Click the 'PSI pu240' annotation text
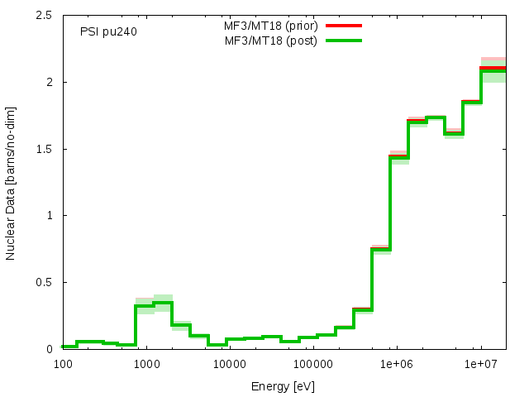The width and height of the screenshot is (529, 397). pyautogui.click(x=108, y=32)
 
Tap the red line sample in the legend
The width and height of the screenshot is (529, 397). pyautogui.click(x=344, y=26)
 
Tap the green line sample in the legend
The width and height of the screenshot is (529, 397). pyautogui.click(x=344, y=41)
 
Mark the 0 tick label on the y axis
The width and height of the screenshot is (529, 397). pyautogui.click(x=50, y=349)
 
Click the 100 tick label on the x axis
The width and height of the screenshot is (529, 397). pyautogui.click(x=62, y=364)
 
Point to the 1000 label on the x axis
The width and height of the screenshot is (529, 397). pyautogui.click(x=146, y=364)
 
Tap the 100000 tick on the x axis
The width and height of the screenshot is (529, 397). pyautogui.click(x=313, y=364)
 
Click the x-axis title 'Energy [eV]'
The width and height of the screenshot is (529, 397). pyautogui.click(x=284, y=386)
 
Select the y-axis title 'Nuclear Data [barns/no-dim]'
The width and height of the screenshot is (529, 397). pyautogui.click(x=11, y=183)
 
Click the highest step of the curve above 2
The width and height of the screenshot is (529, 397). pyautogui.click(x=493, y=69)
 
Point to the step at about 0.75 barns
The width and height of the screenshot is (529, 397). pyautogui.click(x=381, y=249)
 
